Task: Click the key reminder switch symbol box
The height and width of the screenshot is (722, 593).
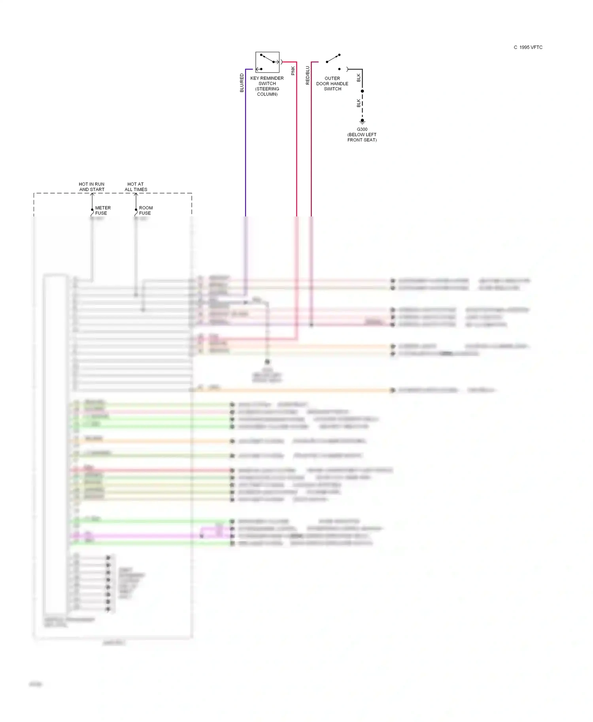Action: click(267, 62)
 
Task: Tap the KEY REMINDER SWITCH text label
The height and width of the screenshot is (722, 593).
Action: click(267, 81)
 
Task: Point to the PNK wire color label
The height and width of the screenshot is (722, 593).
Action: click(293, 71)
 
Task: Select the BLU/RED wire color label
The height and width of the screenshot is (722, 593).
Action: click(242, 83)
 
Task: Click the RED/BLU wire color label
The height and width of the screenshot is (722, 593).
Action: click(308, 75)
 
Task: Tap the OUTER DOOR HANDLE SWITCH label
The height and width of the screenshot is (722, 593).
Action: click(332, 84)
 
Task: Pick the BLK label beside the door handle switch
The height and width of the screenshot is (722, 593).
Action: click(359, 78)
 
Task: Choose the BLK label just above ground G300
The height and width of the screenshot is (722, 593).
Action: click(359, 103)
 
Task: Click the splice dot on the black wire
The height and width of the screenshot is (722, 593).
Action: click(362, 91)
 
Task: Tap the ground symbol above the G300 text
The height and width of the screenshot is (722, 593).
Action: click(362, 121)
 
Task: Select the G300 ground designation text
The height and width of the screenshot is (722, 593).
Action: click(362, 129)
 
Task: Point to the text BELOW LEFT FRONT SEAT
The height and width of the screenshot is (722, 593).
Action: click(362, 137)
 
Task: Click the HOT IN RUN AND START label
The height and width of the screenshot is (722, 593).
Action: click(92, 187)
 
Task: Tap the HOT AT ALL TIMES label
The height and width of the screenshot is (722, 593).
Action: click(136, 187)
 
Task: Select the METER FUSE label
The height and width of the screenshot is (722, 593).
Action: click(102, 211)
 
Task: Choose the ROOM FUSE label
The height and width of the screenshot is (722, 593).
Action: click(145, 211)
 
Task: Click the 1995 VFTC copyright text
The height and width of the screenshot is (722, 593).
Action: click(528, 47)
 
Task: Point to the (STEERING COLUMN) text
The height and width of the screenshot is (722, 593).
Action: click(267, 92)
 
